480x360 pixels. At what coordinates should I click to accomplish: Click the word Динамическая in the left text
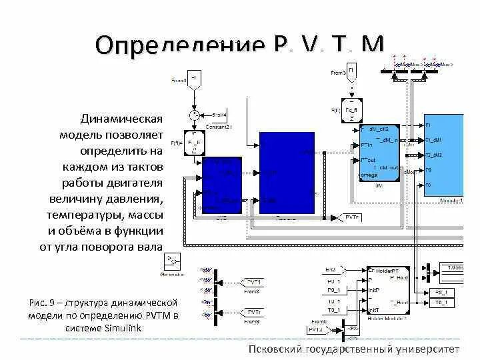pos(122,119)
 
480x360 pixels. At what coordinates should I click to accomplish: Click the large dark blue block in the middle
pos(286,173)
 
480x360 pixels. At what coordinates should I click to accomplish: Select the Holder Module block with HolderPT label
pos(387,291)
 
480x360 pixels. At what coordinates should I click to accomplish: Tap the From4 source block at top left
pos(194,78)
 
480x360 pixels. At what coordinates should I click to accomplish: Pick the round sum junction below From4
pos(195,115)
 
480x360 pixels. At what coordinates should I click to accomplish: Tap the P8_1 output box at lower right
pos(441,291)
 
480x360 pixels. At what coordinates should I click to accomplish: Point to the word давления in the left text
pos(136,199)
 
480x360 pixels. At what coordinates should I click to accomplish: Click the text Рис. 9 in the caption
pos(45,303)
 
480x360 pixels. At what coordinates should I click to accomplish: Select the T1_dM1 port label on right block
pos(434,140)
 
